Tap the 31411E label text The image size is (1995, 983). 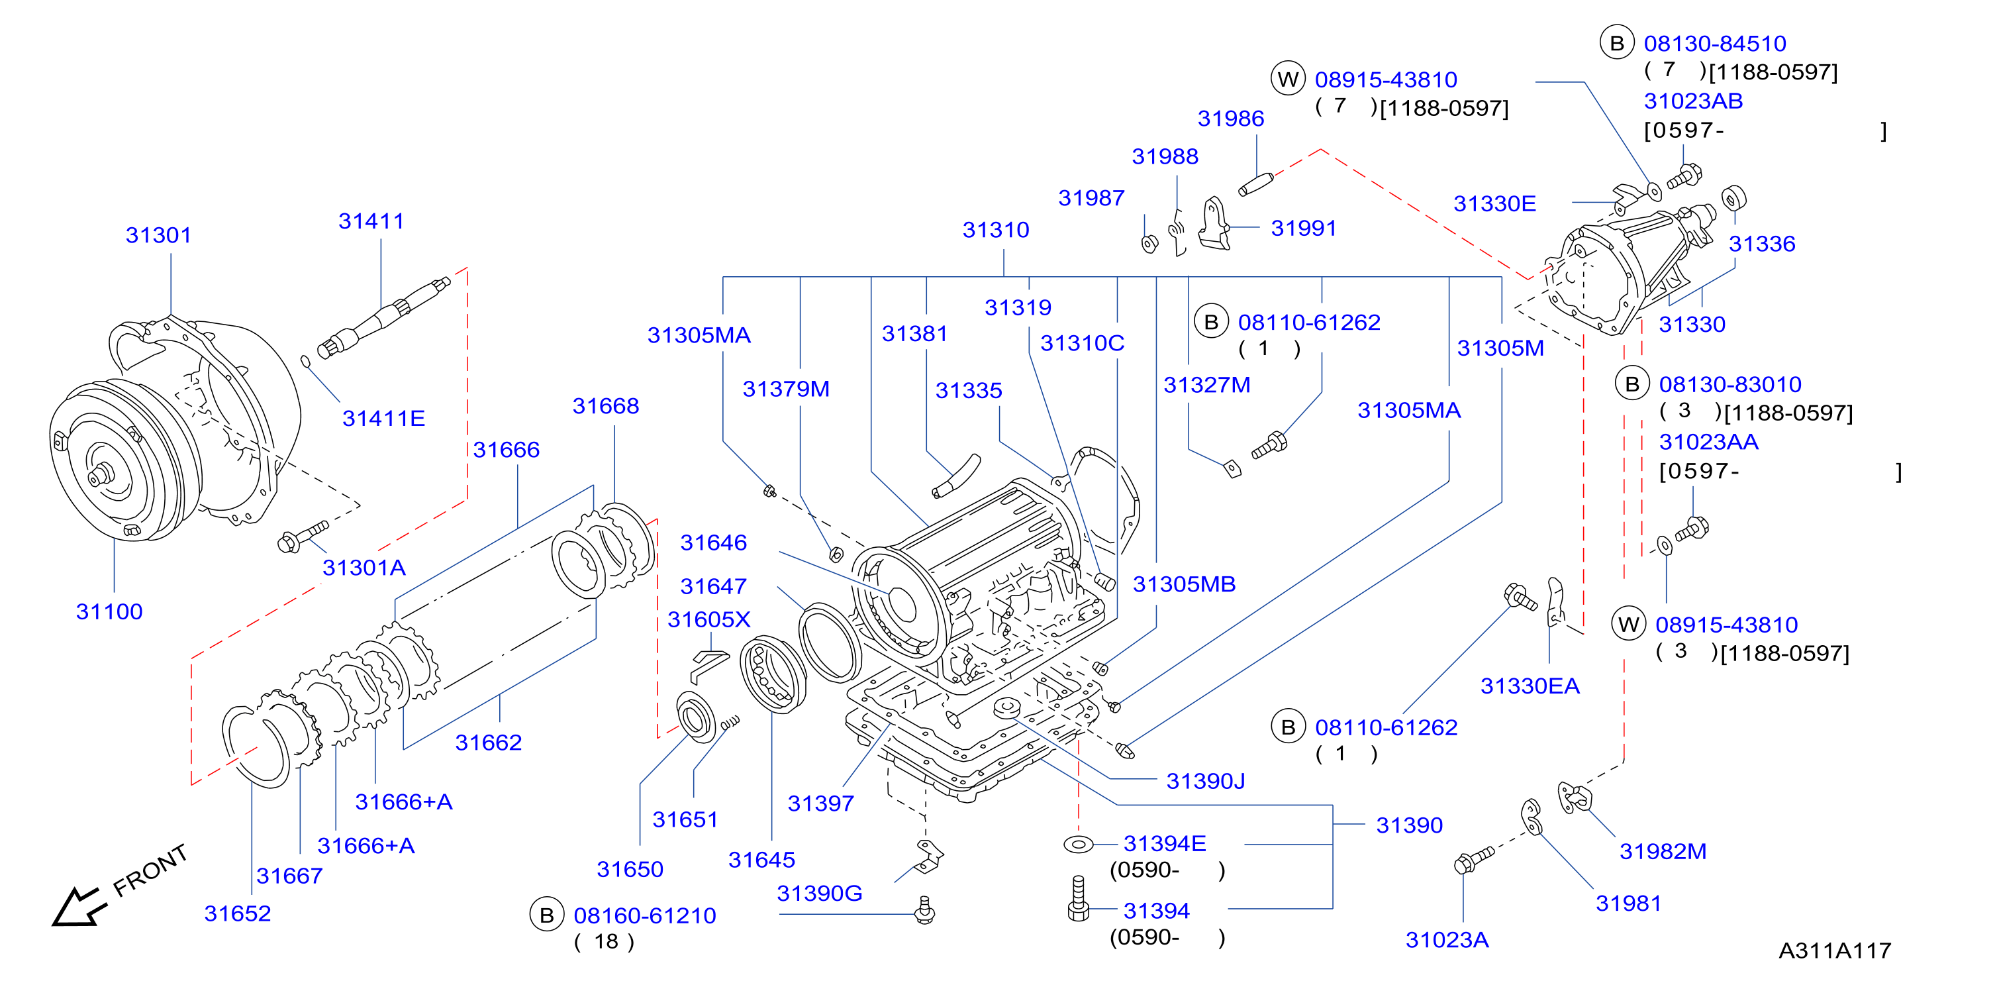pyautogui.click(x=383, y=418)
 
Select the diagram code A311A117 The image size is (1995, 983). pyautogui.click(x=1835, y=951)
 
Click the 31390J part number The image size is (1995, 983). pyautogui.click(x=1205, y=781)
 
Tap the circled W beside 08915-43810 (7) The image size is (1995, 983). pyautogui.click(x=1288, y=79)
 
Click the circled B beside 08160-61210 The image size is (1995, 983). pyautogui.click(x=547, y=915)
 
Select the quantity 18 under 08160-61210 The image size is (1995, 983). pyautogui.click(x=606, y=941)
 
